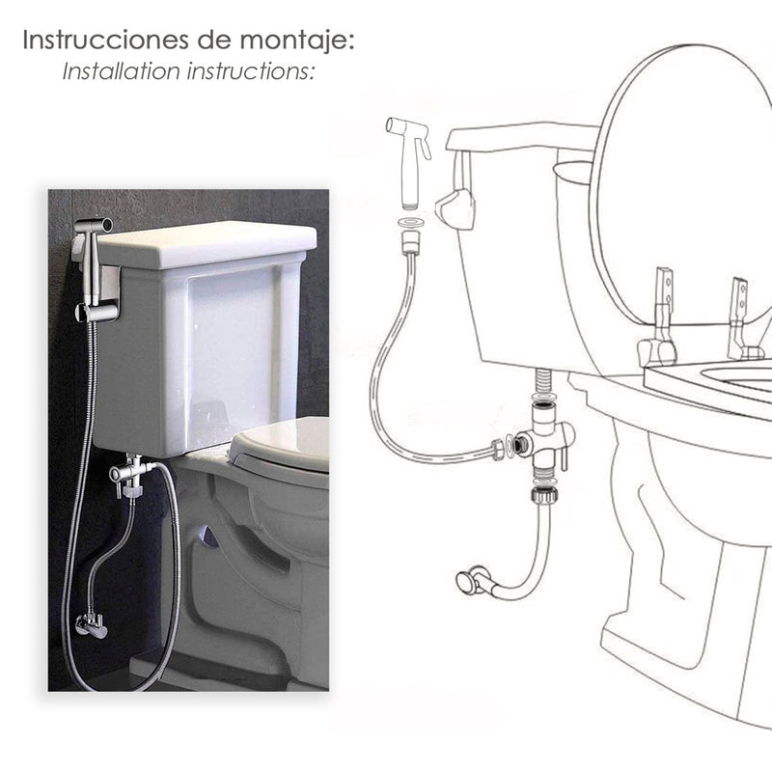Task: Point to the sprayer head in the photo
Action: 93,228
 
